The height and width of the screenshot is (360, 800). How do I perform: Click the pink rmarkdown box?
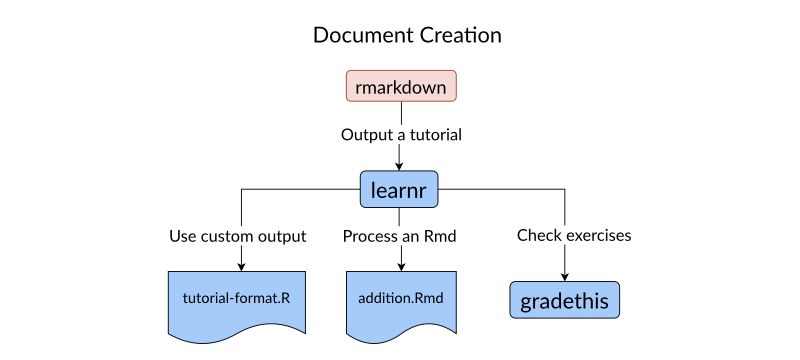[x=401, y=86]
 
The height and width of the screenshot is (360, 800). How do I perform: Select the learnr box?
[x=399, y=189]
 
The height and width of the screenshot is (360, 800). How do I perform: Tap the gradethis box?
[x=565, y=300]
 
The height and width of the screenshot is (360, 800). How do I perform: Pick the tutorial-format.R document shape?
[x=237, y=305]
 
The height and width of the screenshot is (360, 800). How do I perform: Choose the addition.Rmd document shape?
[x=401, y=305]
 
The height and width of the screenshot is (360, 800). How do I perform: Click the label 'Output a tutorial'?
[x=401, y=135]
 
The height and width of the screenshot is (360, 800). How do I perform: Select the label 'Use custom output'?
[x=238, y=237]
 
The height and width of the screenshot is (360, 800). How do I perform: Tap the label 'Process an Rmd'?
[x=399, y=237]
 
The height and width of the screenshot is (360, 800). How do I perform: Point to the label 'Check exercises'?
[x=574, y=236]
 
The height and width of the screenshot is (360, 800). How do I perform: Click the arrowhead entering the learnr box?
[x=399, y=166]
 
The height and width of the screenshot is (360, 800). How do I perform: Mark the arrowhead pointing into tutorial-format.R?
[x=241, y=267]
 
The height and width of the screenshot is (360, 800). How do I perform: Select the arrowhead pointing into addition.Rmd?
[x=401, y=267]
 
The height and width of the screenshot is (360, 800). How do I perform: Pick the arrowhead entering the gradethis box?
[x=565, y=277]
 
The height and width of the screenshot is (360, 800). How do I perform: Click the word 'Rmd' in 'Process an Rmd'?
[x=441, y=237]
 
